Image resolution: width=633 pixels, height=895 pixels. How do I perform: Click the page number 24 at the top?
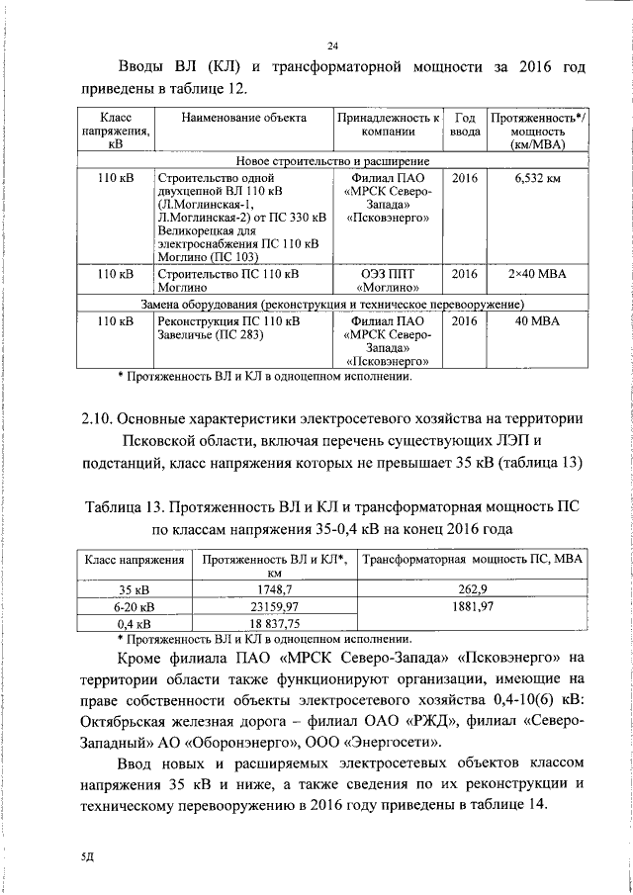332,45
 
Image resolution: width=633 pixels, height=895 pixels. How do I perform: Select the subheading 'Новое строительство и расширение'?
332,160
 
